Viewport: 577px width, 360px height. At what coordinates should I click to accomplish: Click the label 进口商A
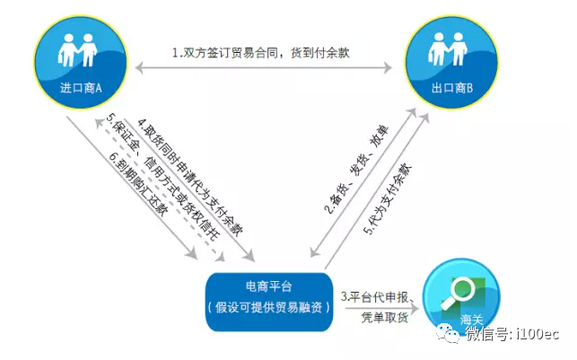coord(81,88)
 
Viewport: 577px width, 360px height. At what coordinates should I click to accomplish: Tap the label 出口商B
coord(452,88)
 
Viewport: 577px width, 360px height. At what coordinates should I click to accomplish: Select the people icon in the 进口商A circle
coord(77,50)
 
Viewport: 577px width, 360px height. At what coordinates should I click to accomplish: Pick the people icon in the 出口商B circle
coord(448,49)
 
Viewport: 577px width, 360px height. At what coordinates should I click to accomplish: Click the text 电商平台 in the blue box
coord(268,286)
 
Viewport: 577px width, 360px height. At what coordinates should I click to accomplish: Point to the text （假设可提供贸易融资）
coord(268,307)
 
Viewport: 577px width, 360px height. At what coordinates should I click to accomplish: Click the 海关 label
coord(471,319)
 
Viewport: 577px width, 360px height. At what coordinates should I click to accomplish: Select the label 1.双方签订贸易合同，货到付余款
coord(261,53)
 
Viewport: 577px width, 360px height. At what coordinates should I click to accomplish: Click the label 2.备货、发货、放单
coord(356,170)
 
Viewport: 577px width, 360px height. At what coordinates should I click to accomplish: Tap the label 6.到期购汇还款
coord(138,184)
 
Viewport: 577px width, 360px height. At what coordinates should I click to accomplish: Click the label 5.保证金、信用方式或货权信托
coord(162,177)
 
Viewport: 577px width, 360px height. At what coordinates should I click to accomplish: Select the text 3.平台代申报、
coord(378,296)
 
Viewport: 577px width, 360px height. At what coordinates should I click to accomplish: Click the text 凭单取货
coord(385,317)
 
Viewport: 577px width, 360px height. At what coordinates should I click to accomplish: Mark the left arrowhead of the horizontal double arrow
coord(139,67)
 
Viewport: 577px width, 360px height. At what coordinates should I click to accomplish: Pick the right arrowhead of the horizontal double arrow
coord(388,67)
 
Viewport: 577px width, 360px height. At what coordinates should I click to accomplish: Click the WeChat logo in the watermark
coord(447,333)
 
